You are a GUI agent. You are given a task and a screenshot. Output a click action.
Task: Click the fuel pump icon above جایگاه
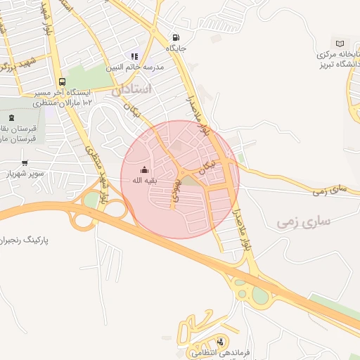tap(174, 38)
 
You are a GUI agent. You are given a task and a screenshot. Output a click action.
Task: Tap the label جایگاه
tap(176, 49)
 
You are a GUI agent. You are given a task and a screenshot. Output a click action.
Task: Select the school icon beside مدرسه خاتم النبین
tap(134, 57)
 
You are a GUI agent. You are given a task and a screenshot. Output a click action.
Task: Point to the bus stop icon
tap(63, 82)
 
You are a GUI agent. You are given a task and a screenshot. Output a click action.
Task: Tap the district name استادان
tap(131, 89)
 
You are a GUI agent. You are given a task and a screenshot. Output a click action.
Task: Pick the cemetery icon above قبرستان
tap(11, 118)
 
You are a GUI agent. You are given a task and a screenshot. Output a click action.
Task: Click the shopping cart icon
tap(25, 162)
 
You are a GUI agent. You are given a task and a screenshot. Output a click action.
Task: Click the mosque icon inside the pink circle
tap(145, 169)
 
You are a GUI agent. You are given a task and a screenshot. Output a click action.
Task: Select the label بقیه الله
tap(143, 180)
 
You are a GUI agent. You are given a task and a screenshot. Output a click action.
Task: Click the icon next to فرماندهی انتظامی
tap(222, 342)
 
